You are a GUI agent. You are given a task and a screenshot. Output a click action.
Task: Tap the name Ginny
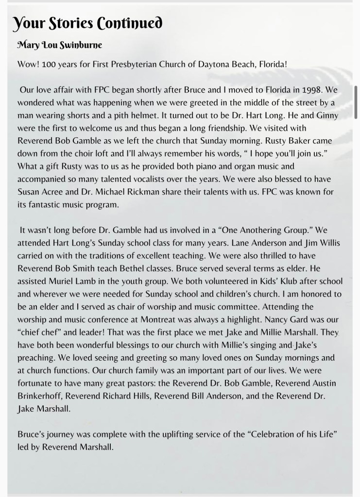point(327,116)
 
